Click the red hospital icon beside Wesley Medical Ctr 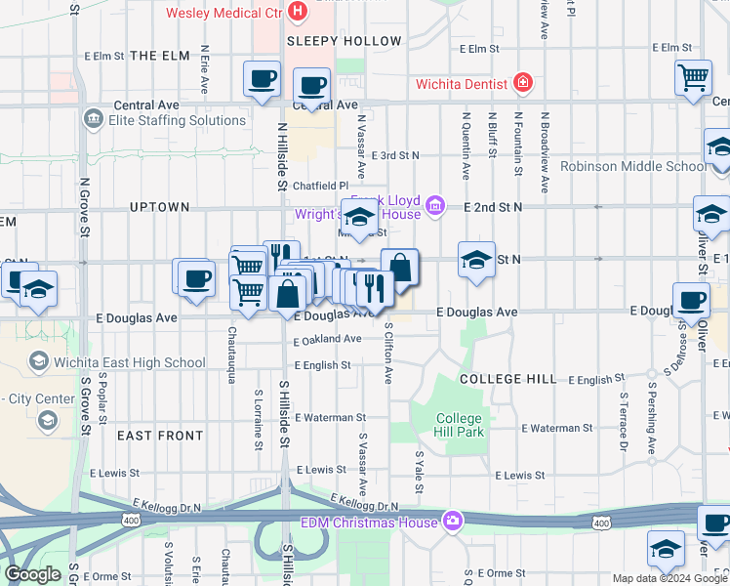pyautogui.click(x=299, y=14)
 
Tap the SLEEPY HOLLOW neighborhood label pyautogui.click(x=344, y=41)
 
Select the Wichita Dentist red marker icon pyautogui.click(x=524, y=83)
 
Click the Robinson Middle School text pyautogui.click(x=632, y=166)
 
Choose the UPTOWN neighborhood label pyautogui.click(x=159, y=207)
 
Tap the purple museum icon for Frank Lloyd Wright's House pyautogui.click(x=435, y=205)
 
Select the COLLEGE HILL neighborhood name pyautogui.click(x=508, y=378)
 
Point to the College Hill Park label pyautogui.click(x=459, y=425)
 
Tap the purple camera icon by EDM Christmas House pyautogui.click(x=451, y=521)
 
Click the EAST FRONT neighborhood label pyautogui.click(x=160, y=436)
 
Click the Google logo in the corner pyautogui.click(x=33, y=574)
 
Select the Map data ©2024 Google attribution pyautogui.click(x=669, y=578)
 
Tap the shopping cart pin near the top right pyautogui.click(x=692, y=77)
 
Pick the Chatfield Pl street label pyautogui.click(x=319, y=186)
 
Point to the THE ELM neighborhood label pyautogui.click(x=158, y=56)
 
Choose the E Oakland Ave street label pyautogui.click(x=328, y=340)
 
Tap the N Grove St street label pyautogui.click(x=84, y=207)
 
